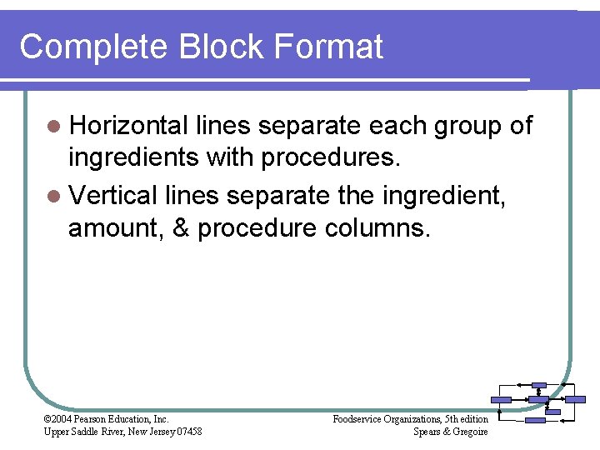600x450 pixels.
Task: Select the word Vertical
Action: [x=114, y=196]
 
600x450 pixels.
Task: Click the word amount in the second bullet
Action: [x=117, y=230]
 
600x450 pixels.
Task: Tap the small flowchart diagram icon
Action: [x=539, y=402]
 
